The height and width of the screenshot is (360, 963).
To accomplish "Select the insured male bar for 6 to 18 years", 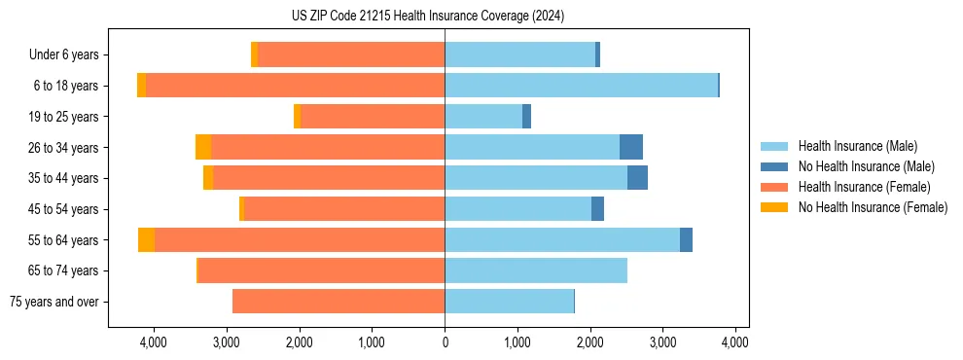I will click(581, 86).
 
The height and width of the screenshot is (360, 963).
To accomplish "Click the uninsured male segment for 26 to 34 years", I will click(630, 147).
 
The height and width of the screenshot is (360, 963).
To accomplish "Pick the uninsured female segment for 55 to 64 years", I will click(146, 239).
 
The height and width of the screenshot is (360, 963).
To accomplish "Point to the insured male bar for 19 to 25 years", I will click(483, 117).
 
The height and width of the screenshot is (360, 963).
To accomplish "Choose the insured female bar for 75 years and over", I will click(339, 302).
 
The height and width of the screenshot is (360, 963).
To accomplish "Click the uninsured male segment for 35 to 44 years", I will click(637, 178).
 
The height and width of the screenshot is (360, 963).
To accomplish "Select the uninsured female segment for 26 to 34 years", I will click(203, 147).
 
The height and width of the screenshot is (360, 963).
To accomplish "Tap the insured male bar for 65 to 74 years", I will click(536, 270).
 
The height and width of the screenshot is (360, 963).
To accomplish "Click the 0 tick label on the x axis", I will click(445, 342).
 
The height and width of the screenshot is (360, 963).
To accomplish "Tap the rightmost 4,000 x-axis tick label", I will click(734, 342).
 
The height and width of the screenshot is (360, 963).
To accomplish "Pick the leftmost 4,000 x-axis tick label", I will click(154, 342).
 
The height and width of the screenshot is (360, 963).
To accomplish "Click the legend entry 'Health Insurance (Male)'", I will click(857, 146).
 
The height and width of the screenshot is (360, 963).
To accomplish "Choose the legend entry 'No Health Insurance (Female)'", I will click(873, 207).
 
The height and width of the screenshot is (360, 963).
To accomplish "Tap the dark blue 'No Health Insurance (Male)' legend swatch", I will click(774, 166).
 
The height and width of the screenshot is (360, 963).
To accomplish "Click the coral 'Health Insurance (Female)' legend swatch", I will click(774, 187).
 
